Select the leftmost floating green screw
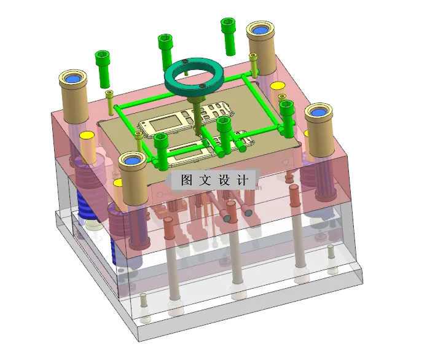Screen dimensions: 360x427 point(102,68)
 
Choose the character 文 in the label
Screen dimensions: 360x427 point(205,180)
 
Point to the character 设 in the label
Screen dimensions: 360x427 point(224,180)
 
